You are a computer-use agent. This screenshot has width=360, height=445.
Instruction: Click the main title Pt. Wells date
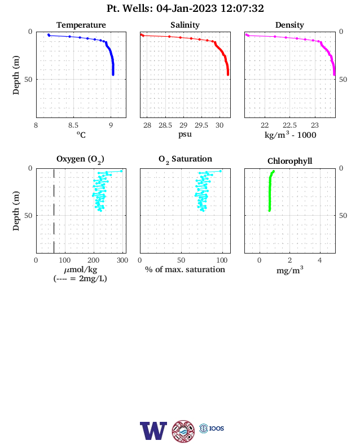pos(185,8)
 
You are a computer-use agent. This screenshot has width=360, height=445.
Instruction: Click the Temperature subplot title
pos(81,25)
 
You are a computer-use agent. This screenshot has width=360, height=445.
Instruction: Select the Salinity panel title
pos(185,25)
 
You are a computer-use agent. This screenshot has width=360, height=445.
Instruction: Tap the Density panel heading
pos(289,25)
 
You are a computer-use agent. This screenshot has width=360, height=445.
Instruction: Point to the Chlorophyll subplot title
pos(289,161)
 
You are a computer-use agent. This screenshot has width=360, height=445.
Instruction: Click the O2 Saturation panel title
pos(185,159)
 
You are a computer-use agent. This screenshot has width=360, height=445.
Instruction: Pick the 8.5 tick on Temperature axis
pos(73,125)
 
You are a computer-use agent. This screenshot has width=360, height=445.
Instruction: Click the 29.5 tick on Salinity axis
pos(201,125)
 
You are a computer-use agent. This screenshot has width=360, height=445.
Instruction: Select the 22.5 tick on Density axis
pos(289,125)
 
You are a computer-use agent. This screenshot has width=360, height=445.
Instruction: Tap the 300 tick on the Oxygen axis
pos(122,260)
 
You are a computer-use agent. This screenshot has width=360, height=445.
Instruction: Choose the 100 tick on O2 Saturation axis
pos(222,260)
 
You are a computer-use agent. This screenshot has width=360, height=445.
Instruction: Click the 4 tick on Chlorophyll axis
pos(320,260)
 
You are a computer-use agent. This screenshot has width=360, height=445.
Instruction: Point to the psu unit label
pos(185,134)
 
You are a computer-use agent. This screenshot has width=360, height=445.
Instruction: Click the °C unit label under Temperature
pos(81,134)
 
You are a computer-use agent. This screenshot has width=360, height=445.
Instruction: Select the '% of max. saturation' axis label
pos(185,269)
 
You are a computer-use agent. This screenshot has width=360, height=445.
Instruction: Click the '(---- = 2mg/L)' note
pos(80,278)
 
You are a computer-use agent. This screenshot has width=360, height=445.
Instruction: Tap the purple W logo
pos(153,430)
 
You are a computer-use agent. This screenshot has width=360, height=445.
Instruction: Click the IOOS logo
pos(212,428)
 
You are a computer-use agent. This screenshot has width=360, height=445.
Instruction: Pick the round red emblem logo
pos(183,431)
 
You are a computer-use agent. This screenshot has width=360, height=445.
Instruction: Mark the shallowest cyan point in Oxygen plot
pos(121,171)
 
